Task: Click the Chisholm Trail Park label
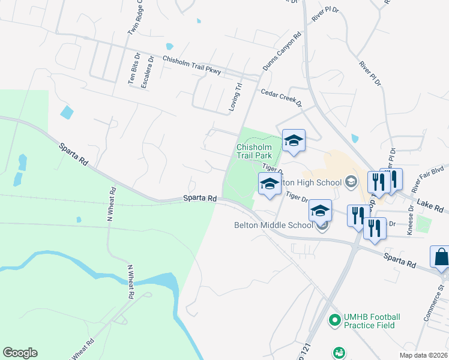click(255, 151)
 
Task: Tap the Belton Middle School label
click(274, 226)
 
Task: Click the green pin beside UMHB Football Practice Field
click(334, 321)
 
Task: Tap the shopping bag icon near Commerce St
click(441, 257)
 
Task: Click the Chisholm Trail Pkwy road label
click(192, 65)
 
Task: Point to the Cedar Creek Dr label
click(280, 97)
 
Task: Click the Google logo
click(20, 353)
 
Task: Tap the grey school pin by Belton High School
click(351, 182)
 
